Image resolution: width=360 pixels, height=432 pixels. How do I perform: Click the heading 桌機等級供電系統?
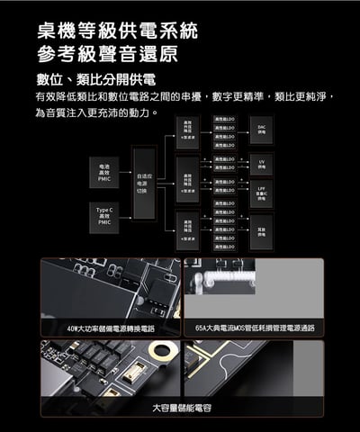pos(117,31)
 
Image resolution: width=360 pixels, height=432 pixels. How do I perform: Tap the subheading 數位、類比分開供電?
pos(94,78)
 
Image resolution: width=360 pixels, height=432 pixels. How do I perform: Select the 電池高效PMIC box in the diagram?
pos(104,175)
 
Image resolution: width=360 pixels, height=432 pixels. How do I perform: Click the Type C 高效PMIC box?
pos(104,217)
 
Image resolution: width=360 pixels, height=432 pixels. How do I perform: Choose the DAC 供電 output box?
pos(261,130)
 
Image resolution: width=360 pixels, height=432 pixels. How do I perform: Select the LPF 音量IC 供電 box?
pos(261,193)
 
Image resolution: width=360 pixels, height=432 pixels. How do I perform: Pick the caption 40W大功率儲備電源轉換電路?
pos(110,328)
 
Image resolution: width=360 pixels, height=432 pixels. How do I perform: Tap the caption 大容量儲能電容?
pos(181,408)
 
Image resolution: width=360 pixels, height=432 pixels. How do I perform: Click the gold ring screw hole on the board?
pos(162,352)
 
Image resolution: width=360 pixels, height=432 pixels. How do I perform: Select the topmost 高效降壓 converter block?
pos(187,130)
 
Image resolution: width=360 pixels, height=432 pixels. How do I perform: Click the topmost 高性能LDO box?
pos(224,118)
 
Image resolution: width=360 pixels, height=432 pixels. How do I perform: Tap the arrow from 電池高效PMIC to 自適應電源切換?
pos(125,175)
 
